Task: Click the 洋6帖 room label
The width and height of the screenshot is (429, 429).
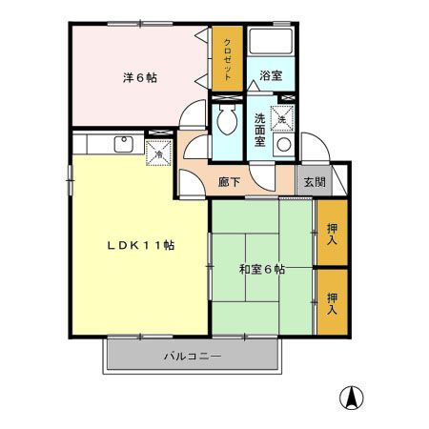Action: pyautogui.click(x=138, y=78)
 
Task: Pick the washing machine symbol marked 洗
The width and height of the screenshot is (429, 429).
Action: pyautogui.click(x=282, y=118)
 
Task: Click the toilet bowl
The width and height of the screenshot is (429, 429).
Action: pyautogui.click(x=228, y=122)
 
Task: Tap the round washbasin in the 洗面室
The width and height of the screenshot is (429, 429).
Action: pyautogui.click(x=282, y=145)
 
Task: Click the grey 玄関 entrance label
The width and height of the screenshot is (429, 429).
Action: pyautogui.click(x=314, y=180)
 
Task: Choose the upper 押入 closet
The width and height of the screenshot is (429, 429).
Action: pyautogui.click(x=333, y=233)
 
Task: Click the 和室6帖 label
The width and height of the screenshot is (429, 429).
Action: pyautogui.click(x=262, y=270)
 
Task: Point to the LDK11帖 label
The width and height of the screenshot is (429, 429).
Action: pyautogui.click(x=139, y=245)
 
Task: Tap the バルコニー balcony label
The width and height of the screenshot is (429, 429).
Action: pyautogui.click(x=192, y=357)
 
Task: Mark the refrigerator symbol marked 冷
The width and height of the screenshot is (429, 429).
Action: pyautogui.click(x=158, y=151)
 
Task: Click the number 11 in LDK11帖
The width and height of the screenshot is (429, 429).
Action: pyautogui.click(x=153, y=245)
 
